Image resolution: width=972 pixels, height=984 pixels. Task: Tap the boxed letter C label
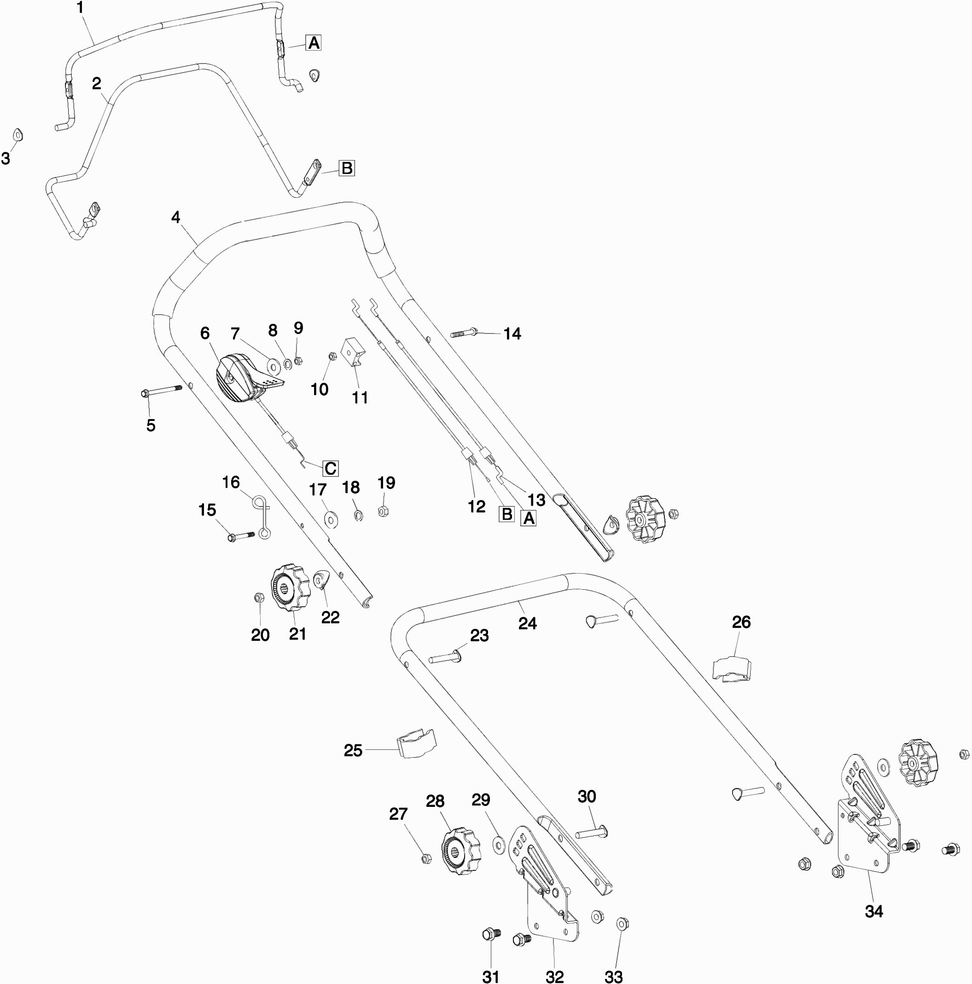(330, 469)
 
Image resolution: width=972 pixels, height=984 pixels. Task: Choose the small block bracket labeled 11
(354, 352)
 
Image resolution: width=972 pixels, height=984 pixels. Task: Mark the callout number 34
(873, 911)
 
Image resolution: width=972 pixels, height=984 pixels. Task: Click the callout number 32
(554, 976)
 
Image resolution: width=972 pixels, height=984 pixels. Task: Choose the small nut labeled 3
(18, 135)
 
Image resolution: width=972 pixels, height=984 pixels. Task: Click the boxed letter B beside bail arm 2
(347, 168)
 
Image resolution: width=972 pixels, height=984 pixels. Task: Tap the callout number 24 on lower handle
(527, 623)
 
